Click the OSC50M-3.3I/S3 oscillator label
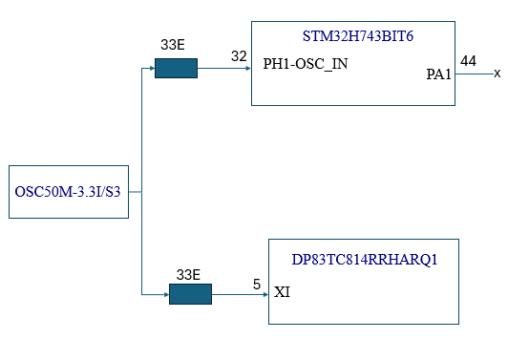[x=68, y=192]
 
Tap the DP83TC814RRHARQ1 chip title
[x=364, y=259]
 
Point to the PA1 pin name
[x=438, y=74]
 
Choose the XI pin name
[x=282, y=291]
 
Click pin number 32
[x=239, y=55]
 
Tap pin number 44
[x=468, y=61]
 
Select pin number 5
[x=256, y=284]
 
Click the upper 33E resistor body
[x=176, y=69]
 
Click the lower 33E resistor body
[x=190, y=295]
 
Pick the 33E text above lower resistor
[x=188, y=274]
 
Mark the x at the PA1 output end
[x=497, y=74]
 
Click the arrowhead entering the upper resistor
[x=151, y=69]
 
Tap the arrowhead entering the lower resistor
[x=165, y=295]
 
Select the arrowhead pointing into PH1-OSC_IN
[x=247, y=69]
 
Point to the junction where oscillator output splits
[x=141, y=192]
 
